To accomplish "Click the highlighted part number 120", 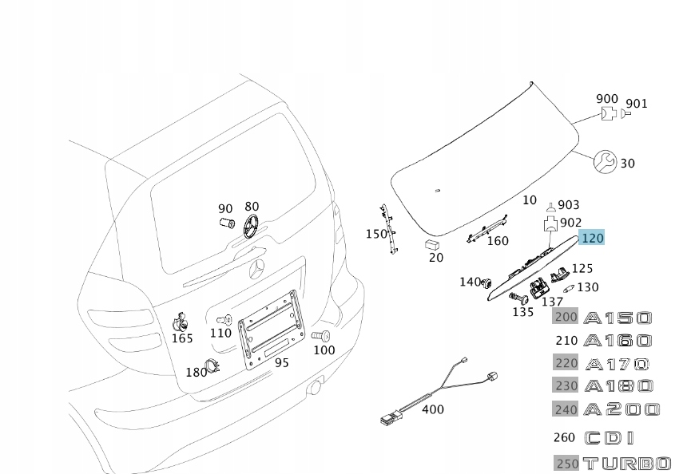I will click(593, 238).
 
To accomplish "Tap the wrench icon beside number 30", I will click(603, 162).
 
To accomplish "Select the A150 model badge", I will click(618, 318).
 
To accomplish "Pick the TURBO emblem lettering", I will click(626, 463).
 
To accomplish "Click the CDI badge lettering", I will click(610, 437).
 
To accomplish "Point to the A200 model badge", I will click(622, 409).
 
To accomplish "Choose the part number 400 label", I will click(432, 409).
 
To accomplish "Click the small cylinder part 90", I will click(226, 223).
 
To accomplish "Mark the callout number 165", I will click(182, 338).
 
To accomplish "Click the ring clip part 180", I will click(213, 366).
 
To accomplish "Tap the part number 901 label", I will click(637, 104).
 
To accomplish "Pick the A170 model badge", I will click(617, 364).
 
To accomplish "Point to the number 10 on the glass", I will click(530, 199).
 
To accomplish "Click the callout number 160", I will click(497, 240).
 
